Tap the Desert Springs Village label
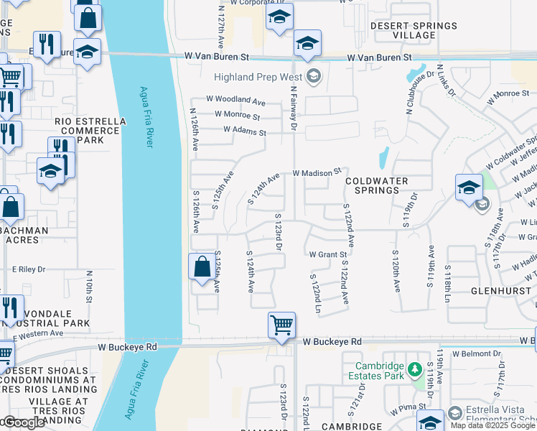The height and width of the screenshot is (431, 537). click(x=414, y=30)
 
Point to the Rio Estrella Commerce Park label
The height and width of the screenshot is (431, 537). click(x=87, y=131)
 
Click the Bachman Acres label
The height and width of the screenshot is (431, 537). click(x=27, y=235)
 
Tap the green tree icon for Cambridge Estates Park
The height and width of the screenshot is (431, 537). click(x=414, y=370)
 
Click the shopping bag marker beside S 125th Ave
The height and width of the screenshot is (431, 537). click(x=202, y=266)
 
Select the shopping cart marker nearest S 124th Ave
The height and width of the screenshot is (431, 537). click(x=281, y=324)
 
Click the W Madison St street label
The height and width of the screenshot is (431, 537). click(x=316, y=173)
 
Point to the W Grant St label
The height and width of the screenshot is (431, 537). click(x=327, y=254)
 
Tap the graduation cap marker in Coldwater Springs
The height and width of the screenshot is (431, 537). click(x=468, y=187)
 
